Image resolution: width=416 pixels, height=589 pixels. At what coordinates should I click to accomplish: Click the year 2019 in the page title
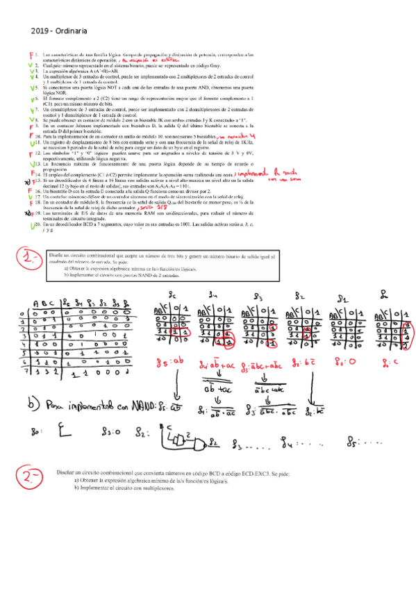pyautogui.click(x=40, y=31)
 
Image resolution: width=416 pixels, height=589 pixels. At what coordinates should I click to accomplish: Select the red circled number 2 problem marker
pyautogui.click(x=33, y=477)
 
